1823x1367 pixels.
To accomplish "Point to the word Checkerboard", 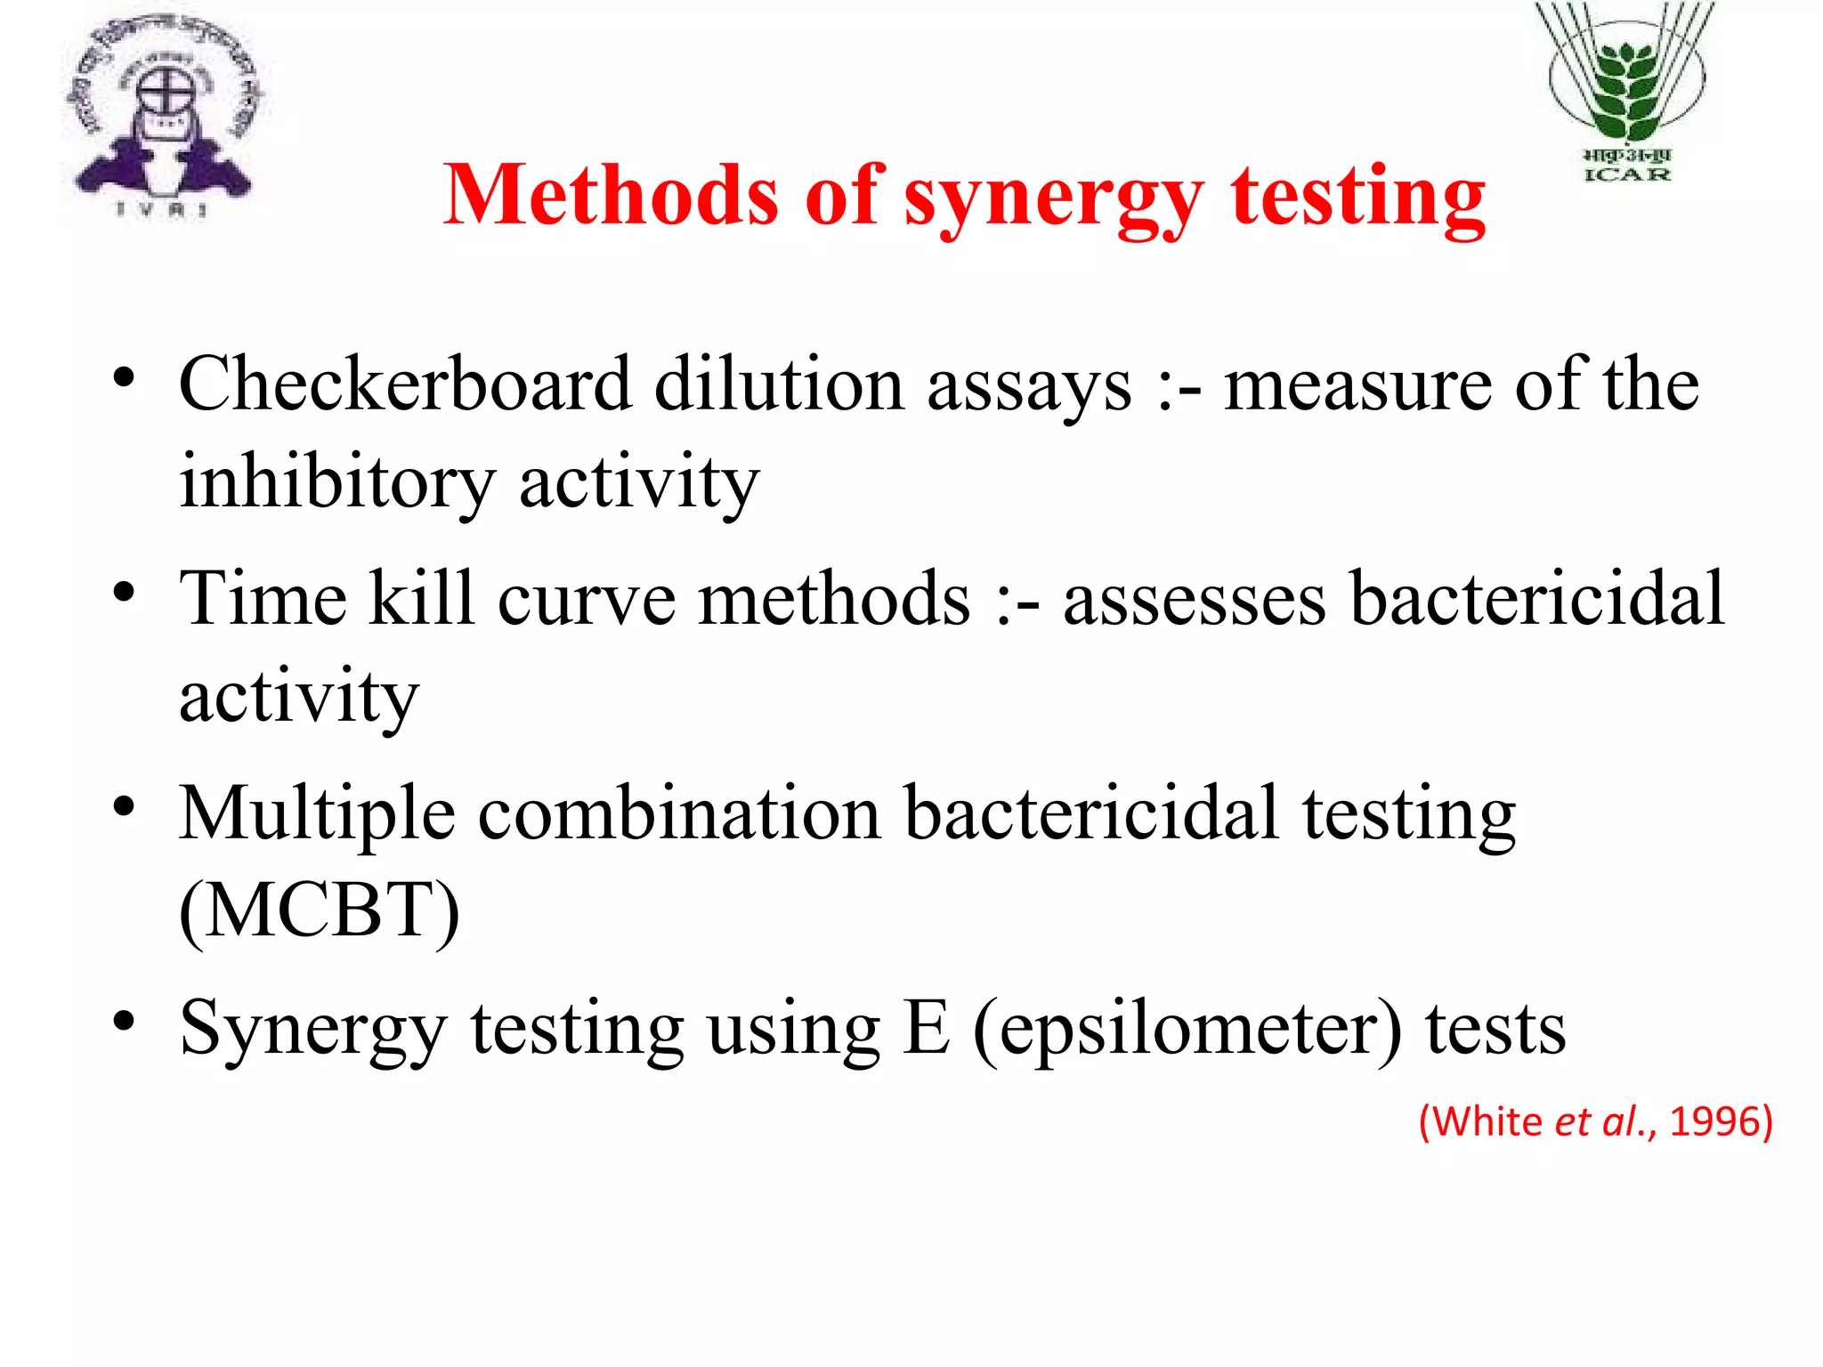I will click(x=405, y=384).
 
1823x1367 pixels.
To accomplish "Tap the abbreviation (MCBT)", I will click(x=320, y=911).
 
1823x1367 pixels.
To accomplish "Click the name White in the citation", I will click(x=1487, y=1121).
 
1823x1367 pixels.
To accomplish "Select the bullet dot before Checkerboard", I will click(x=124, y=376).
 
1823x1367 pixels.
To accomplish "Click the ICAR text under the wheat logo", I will click(x=1627, y=174).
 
